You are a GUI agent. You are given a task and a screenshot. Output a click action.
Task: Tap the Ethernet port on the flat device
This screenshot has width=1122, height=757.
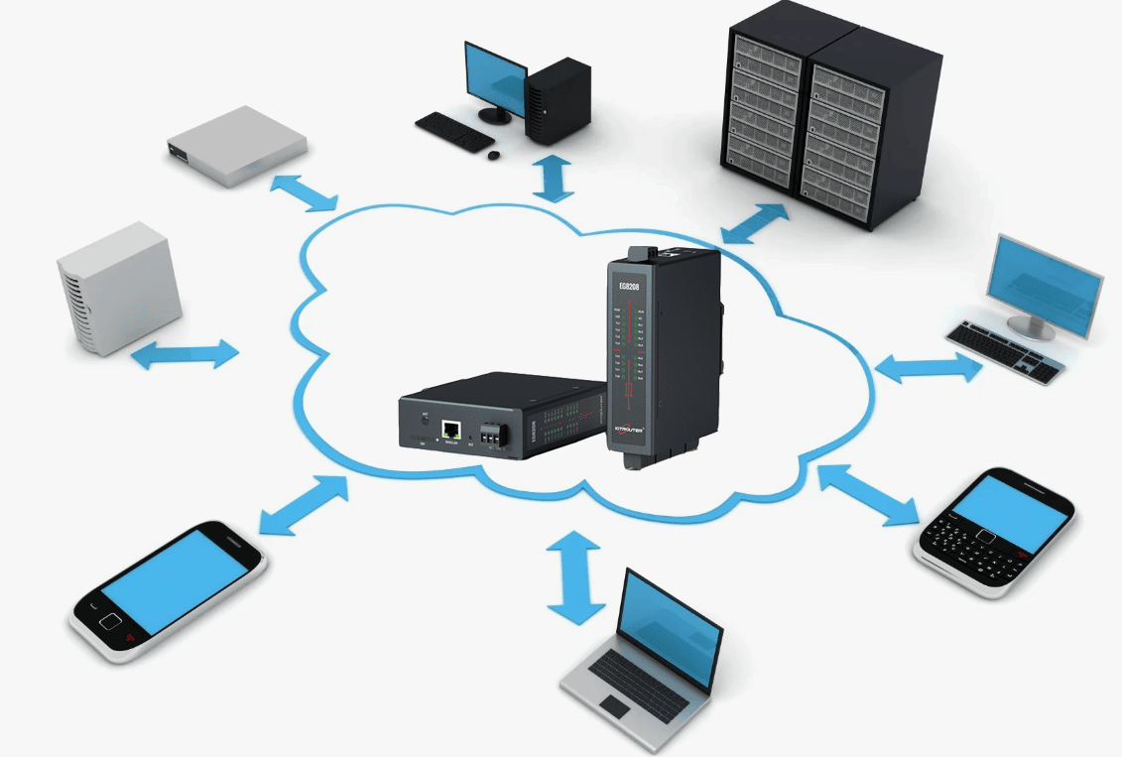pos(451,430)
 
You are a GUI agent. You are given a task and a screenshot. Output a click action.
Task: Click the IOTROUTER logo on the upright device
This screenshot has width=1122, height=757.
pos(630,429)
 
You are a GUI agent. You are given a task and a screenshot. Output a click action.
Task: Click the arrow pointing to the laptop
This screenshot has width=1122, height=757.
pos(575,576)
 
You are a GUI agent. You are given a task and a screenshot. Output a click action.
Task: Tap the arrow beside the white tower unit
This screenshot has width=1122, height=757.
pos(186,354)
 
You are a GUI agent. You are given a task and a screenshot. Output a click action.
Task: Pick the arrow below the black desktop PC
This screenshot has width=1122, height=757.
pos(554,177)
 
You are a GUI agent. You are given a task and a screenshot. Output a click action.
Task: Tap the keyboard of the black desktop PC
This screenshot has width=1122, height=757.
pos(454,132)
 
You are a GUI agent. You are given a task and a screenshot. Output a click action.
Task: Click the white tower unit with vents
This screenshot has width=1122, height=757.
pos(118,289)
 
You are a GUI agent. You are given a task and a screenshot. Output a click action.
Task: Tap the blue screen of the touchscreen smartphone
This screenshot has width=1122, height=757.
pos(174,578)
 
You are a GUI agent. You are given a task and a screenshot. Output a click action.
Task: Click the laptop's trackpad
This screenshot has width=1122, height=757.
pos(614,706)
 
